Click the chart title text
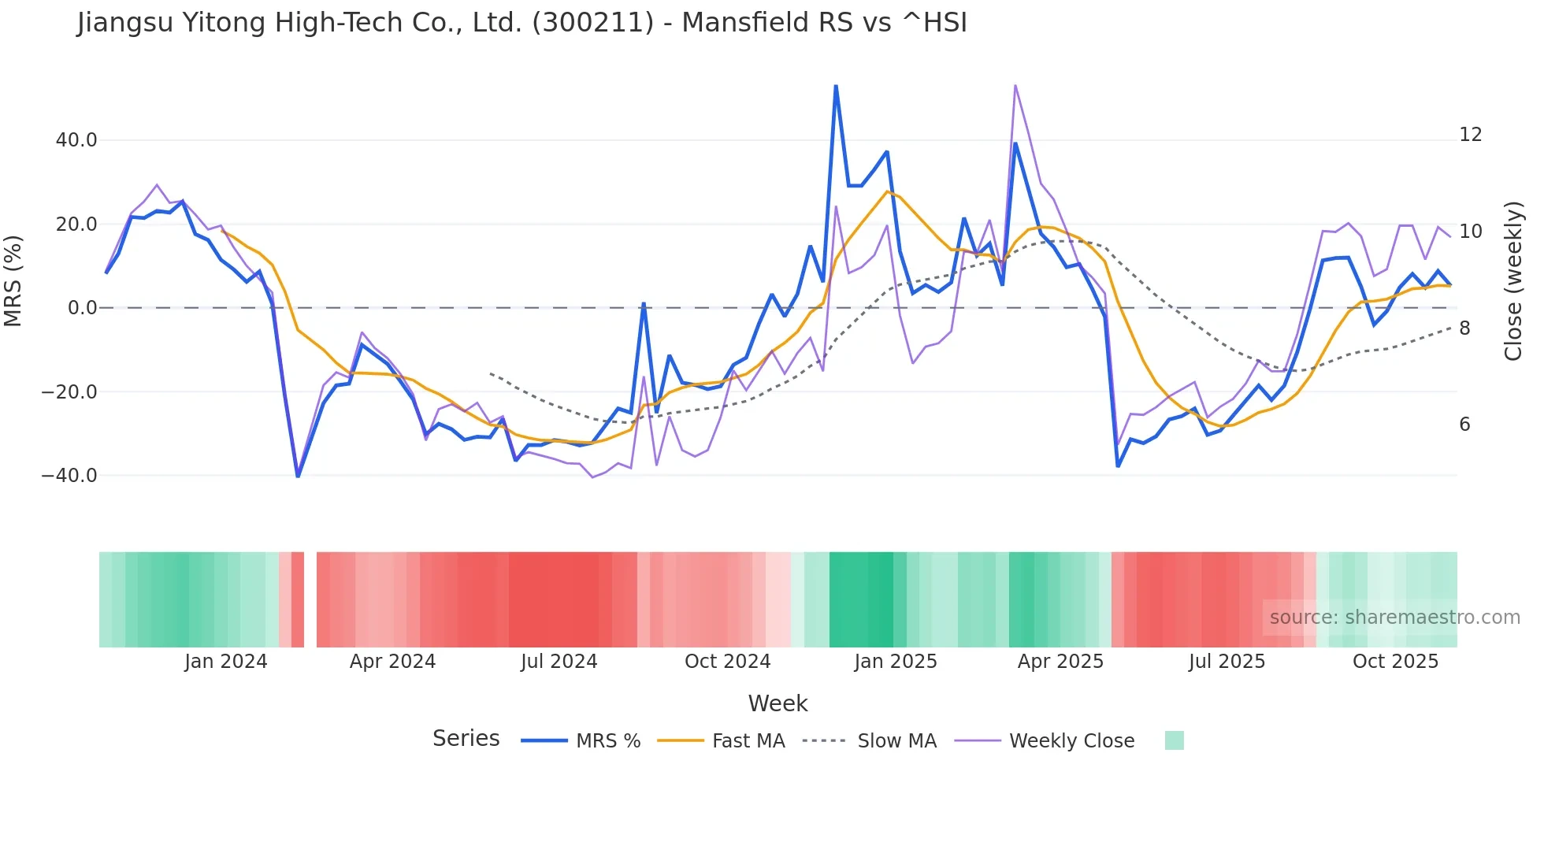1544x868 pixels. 521,23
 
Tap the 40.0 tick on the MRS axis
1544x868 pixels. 76,140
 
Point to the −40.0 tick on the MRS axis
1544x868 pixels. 69,476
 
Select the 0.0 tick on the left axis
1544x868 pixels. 82,308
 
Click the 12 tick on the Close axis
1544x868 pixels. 1470,135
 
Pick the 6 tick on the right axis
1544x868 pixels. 1464,425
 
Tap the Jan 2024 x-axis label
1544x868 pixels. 226,662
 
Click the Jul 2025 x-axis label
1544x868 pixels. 1227,662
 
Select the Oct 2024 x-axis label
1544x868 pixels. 727,662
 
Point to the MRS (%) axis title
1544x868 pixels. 13,280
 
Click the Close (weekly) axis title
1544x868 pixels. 1512,280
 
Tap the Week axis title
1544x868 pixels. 778,703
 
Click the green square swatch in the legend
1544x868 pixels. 1174,740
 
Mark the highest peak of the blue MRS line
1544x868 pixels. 836,86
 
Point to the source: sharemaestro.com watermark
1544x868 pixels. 1394,618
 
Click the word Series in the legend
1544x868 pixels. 466,739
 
